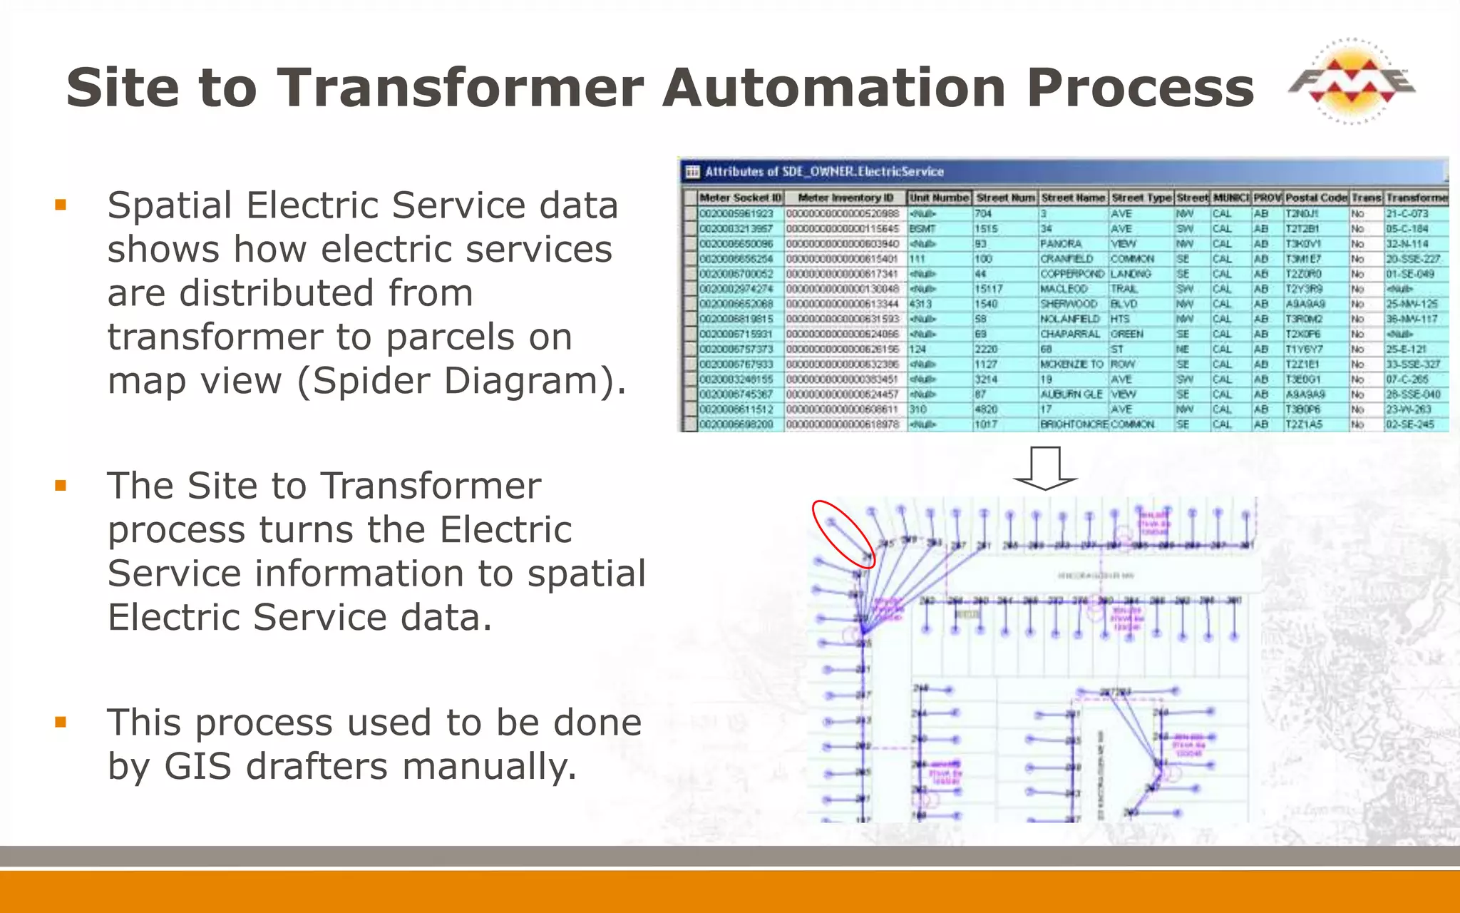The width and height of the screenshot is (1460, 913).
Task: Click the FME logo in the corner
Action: coord(1352,82)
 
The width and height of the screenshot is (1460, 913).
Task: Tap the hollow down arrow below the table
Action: coord(1045,468)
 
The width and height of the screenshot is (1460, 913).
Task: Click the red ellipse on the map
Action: coord(843,534)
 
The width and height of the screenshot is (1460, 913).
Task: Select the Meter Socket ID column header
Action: coord(740,198)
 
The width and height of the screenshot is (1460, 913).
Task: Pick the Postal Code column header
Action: coord(1315,198)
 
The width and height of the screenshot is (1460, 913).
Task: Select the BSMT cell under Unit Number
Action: coord(922,229)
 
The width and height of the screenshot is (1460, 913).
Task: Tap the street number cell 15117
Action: coord(989,289)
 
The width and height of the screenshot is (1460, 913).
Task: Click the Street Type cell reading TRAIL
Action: coord(1124,289)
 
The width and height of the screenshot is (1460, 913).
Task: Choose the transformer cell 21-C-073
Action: coord(1407,214)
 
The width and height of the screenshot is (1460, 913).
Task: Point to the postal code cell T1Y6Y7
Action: coord(1304,350)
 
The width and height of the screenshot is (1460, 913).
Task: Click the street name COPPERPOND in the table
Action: coord(1071,274)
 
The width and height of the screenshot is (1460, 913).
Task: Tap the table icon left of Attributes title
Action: coord(692,172)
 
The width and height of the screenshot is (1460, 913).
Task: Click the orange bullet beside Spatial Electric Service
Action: coord(61,205)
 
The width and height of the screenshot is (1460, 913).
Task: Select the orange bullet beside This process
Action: coord(61,723)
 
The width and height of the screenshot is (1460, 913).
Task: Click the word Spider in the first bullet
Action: coord(371,380)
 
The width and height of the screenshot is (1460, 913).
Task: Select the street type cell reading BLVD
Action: coord(1124,304)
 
